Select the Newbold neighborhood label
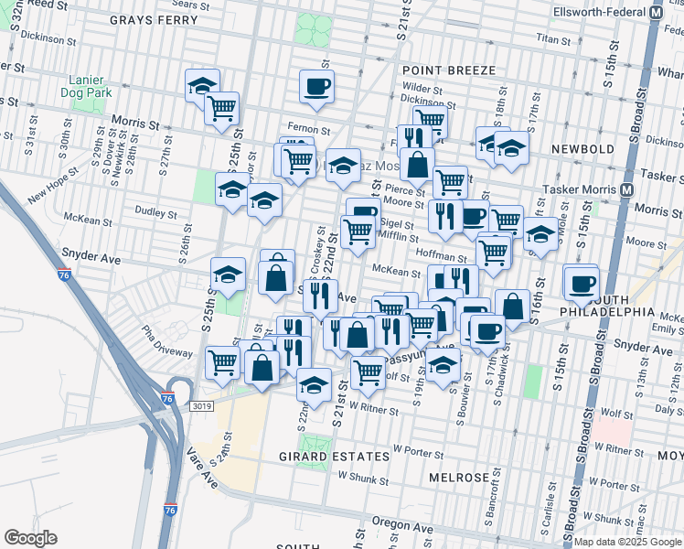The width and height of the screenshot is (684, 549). tap(585, 147)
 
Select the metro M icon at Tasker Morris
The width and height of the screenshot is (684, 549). tap(627, 189)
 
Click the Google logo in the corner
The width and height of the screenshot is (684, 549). tap(30, 538)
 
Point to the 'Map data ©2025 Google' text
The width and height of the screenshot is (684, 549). tap(628, 542)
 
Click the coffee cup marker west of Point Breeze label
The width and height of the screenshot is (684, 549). tap(316, 86)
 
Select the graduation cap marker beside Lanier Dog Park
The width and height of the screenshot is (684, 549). tap(202, 86)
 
